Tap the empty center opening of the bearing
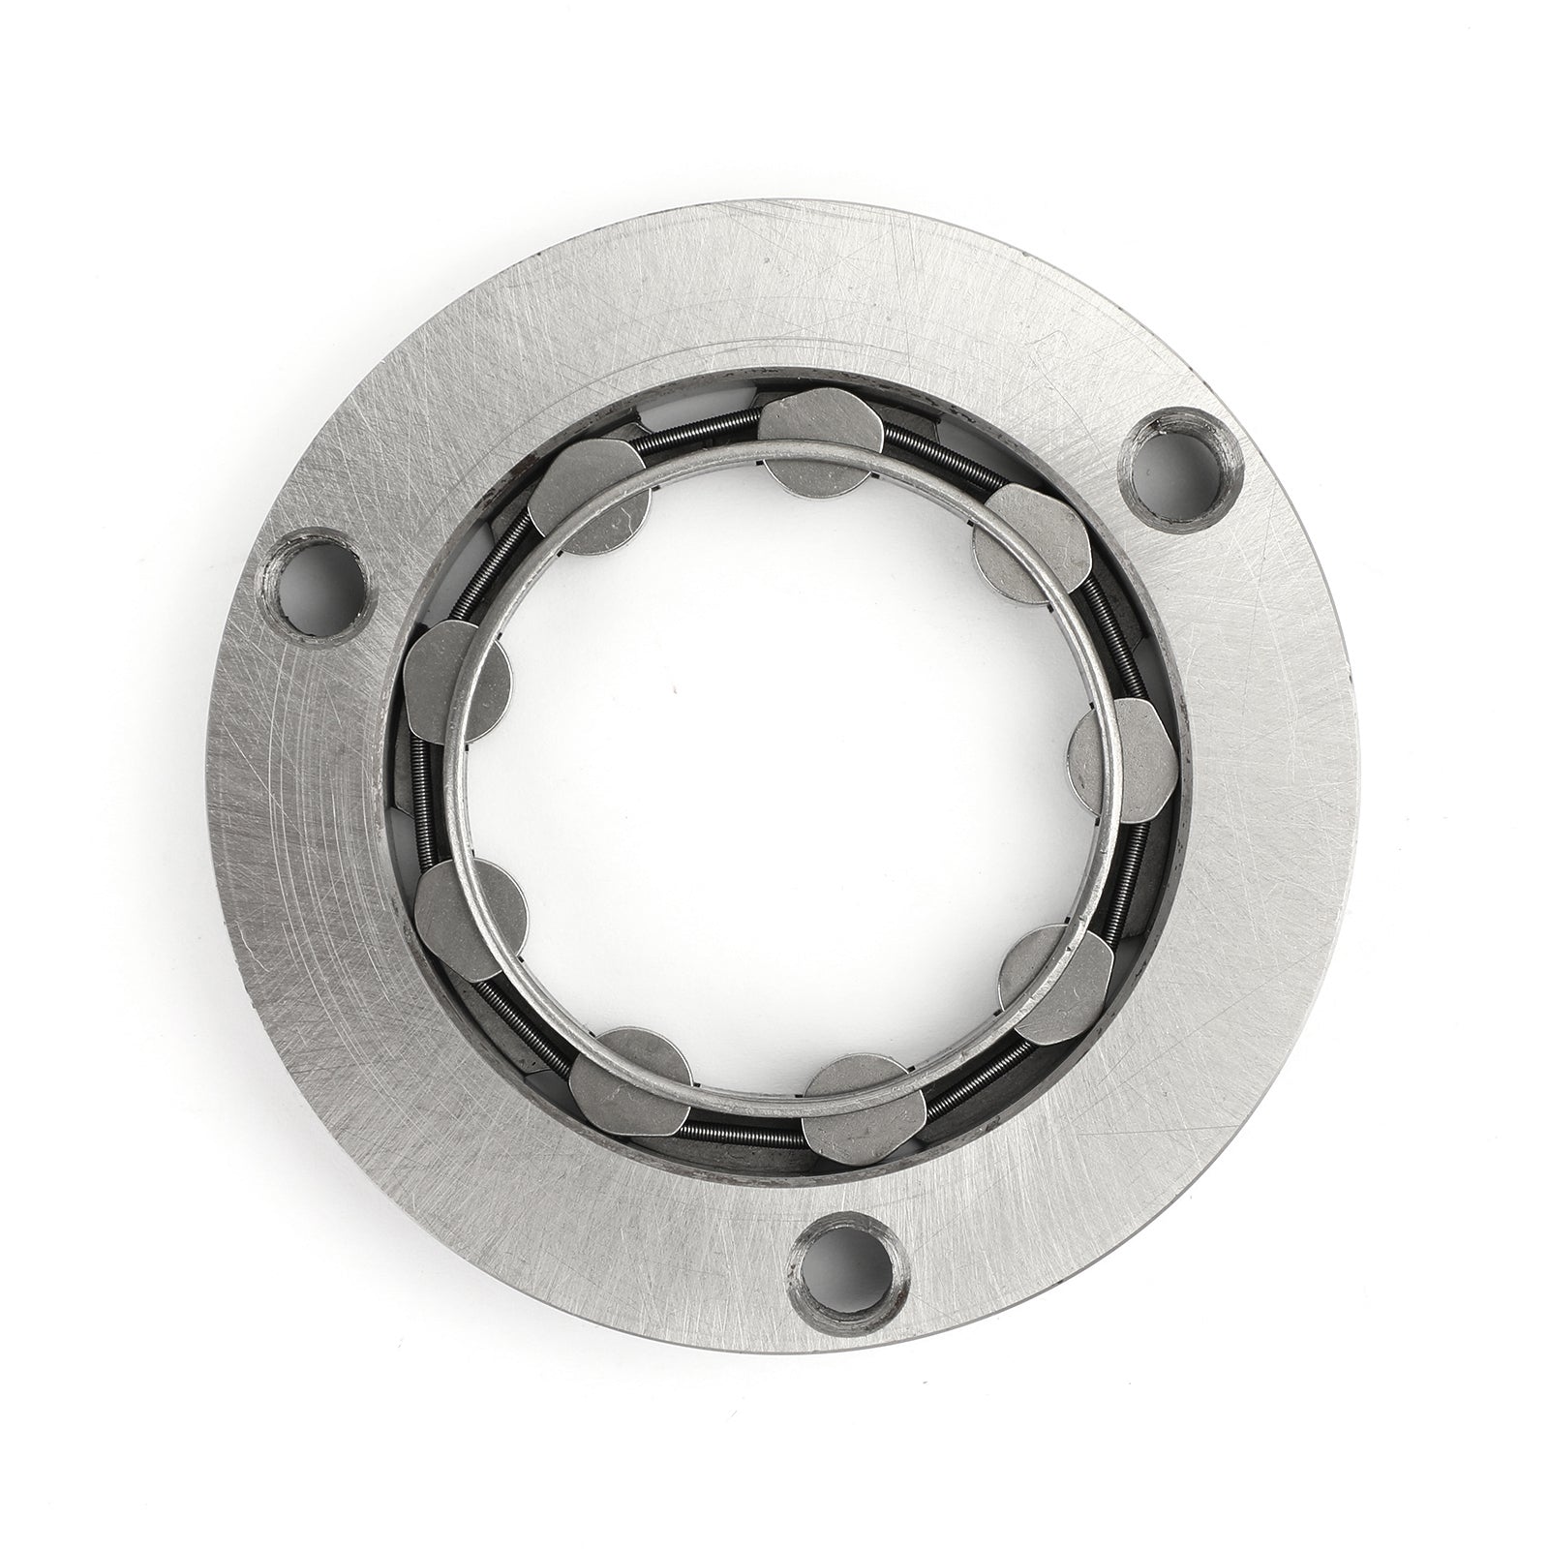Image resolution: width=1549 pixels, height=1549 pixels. point(774,774)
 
